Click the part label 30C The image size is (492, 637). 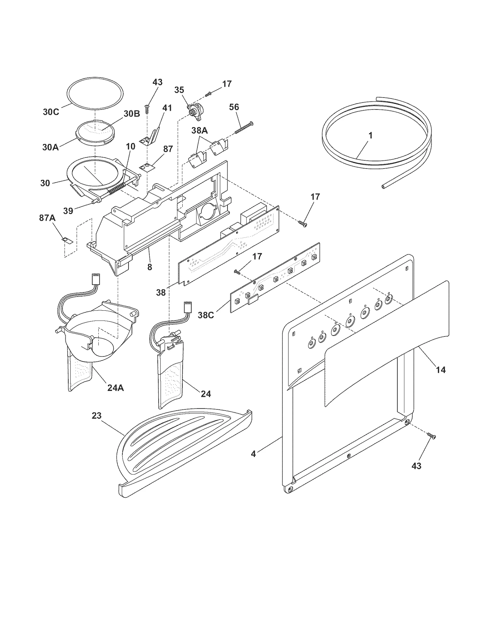point(51,112)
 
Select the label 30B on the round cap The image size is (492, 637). point(132,113)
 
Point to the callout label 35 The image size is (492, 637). point(179,90)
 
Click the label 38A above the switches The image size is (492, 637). point(199,130)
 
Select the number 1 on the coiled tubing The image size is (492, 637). point(371,135)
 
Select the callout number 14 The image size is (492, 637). point(441,370)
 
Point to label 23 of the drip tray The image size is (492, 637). point(97,416)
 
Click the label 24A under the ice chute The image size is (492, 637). point(116,388)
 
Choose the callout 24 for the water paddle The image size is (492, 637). point(206,394)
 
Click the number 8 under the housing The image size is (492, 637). point(149,267)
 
